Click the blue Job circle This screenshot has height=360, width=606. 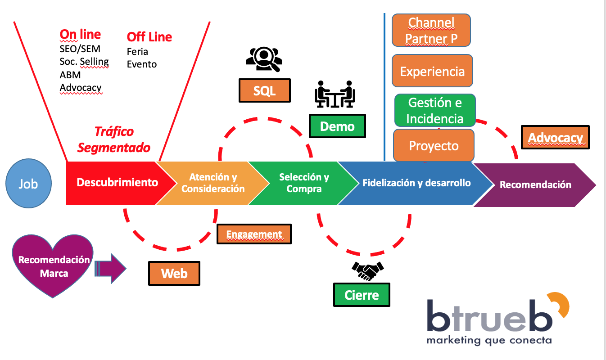tap(28, 184)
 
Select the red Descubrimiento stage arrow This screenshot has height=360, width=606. tap(117, 183)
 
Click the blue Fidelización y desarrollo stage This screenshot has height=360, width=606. tap(416, 183)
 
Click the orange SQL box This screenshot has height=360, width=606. tap(264, 90)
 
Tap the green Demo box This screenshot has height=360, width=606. tap(337, 126)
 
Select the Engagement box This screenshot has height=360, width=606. tap(254, 234)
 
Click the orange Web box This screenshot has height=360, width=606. tap(174, 273)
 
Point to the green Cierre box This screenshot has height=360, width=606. tap(362, 295)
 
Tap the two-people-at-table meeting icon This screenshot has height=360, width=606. tap(334, 94)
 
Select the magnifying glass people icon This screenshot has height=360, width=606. tap(264, 58)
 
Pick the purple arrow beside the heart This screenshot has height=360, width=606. tap(111, 269)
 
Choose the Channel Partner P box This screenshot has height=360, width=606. tap(431, 30)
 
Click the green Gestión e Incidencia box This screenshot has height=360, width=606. tap(435, 111)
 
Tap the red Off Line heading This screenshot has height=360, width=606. tap(149, 37)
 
